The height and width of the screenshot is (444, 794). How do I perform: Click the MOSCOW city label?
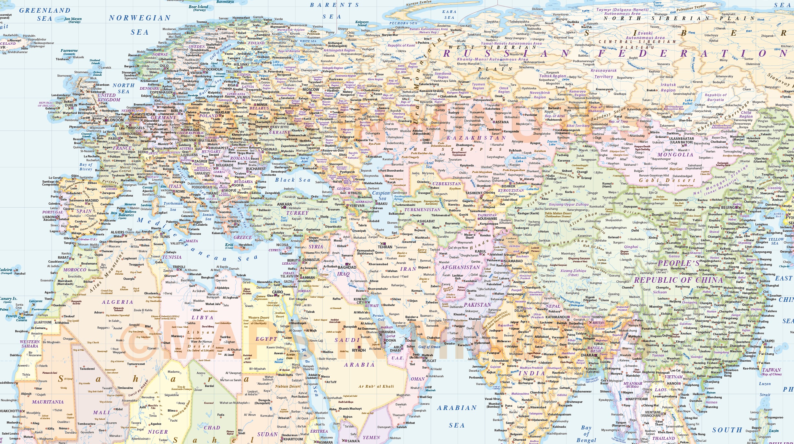(311, 90)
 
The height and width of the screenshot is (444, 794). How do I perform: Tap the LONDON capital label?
(116, 120)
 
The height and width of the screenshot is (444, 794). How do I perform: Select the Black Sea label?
(293, 180)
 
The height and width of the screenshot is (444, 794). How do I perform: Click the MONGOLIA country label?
(675, 155)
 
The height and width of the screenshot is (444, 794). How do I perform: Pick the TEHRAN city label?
(385, 247)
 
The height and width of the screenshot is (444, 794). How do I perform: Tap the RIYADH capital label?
(359, 350)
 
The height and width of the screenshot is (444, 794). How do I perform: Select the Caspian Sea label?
(381, 196)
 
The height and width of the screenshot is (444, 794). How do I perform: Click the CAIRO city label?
(277, 292)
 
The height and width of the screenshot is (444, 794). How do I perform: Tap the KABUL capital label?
(480, 251)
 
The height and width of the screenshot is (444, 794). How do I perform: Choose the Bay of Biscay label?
(86, 167)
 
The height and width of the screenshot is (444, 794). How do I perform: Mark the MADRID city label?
(92, 200)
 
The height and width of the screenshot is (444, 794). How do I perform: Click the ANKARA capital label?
(285, 204)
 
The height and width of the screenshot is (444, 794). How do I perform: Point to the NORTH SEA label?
(123, 88)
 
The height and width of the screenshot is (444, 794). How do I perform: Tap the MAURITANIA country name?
(48, 402)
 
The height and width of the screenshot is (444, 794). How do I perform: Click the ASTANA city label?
(502, 122)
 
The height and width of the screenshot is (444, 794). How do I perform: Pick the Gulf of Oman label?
(429, 347)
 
